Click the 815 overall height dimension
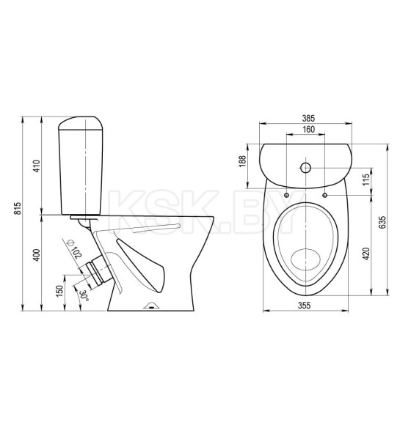[x=18, y=208]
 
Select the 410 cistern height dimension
[x=37, y=166]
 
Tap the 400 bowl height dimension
[x=37, y=255]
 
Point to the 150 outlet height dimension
[x=59, y=291]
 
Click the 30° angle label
[x=84, y=295]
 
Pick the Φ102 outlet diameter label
[x=75, y=249]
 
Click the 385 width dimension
[x=308, y=118]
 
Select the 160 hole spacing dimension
[x=309, y=129]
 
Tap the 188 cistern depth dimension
[x=243, y=161]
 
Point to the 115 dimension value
[x=366, y=180]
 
